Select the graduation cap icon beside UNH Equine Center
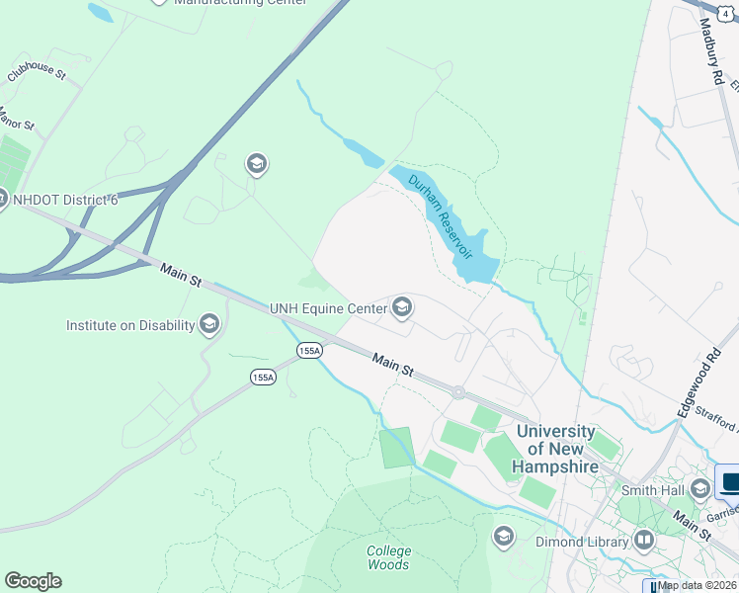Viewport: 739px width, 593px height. (x=402, y=309)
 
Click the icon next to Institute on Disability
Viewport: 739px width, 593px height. (x=208, y=324)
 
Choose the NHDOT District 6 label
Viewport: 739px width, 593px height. (x=65, y=200)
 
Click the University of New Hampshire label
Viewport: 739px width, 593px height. (x=556, y=448)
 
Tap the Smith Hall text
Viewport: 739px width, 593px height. (x=652, y=489)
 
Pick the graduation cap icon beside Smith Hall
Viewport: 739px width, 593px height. (x=700, y=488)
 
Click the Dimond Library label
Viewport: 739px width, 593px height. (x=582, y=542)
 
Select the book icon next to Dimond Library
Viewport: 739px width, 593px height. (x=644, y=541)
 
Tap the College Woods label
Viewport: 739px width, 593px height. (x=388, y=557)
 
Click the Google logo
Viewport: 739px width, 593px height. (x=33, y=581)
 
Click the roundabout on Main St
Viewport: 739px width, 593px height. (x=458, y=392)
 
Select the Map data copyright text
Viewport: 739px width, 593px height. (x=698, y=585)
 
